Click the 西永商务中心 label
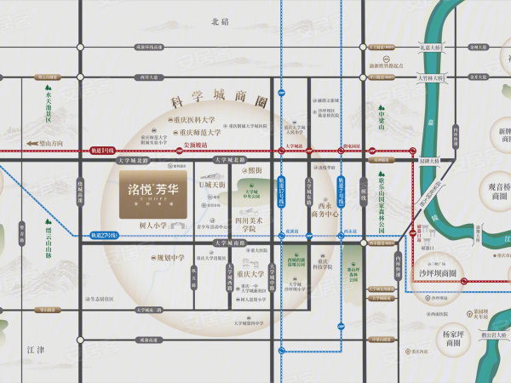click(324, 210)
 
